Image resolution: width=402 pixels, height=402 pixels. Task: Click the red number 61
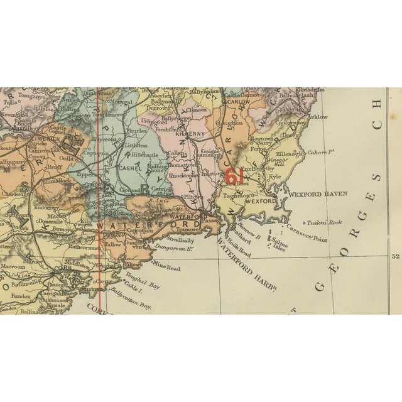(234, 177)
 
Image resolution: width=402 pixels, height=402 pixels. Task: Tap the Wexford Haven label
(314, 196)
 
